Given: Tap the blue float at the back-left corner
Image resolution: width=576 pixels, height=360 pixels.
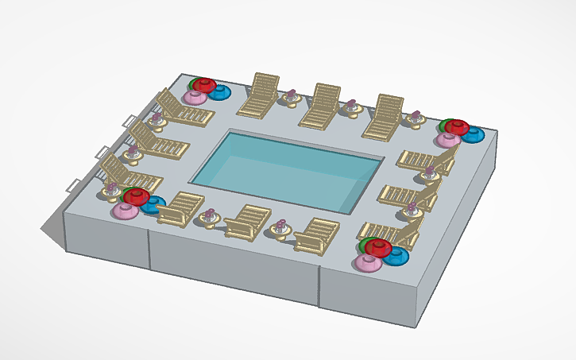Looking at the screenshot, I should click(x=219, y=93).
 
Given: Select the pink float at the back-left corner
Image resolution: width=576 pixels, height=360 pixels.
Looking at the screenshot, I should click(x=193, y=98).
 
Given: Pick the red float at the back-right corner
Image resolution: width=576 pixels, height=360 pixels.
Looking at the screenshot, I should click(x=457, y=126).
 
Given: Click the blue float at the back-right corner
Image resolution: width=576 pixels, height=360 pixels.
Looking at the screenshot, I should click(x=474, y=135).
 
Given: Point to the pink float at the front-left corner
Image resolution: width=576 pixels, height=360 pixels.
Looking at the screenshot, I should click(x=125, y=211).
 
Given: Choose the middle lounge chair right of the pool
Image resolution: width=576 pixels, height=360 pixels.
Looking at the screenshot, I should click(x=409, y=195).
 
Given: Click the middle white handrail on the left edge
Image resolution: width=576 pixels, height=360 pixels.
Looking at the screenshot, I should click(x=102, y=151).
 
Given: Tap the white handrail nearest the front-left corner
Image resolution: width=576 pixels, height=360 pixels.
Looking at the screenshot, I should click(x=72, y=184).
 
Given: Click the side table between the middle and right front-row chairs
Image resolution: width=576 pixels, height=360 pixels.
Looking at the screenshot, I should click(x=280, y=229).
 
